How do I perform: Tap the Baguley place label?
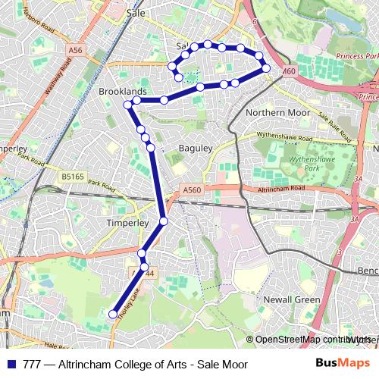(195, 149)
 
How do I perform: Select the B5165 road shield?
(73, 176)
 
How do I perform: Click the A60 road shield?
(287, 71)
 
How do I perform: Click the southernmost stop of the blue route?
(113, 314)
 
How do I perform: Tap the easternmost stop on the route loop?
(266, 69)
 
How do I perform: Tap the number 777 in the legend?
(32, 364)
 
